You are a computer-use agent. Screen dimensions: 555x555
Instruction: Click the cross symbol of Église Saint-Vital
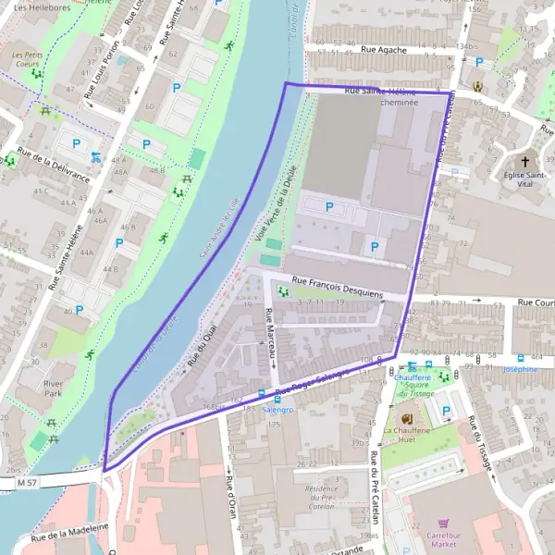click(525, 160)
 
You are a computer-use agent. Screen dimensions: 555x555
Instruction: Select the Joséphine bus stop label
click(520, 369)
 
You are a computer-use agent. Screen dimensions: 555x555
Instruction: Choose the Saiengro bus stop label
click(277, 408)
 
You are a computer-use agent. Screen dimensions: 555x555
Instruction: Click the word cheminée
click(399, 104)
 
